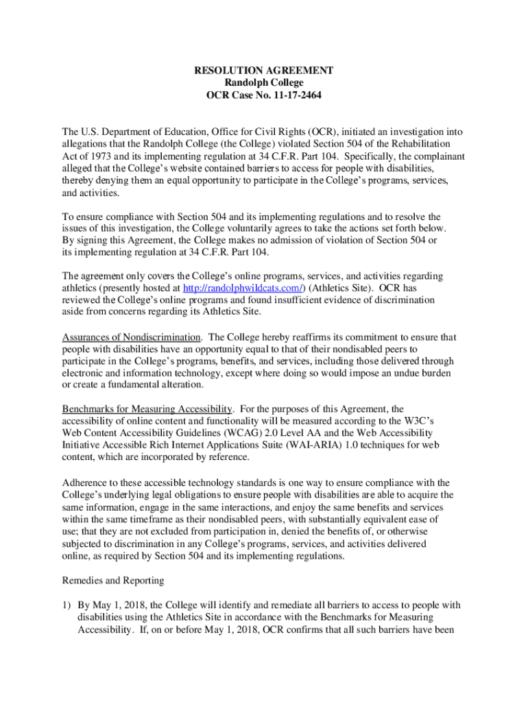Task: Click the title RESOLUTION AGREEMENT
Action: pyautogui.click(x=264, y=71)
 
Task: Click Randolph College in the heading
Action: pyautogui.click(x=264, y=83)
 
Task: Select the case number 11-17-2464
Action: pyautogui.click(x=293, y=95)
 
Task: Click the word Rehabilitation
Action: pyautogui.click(x=418, y=143)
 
